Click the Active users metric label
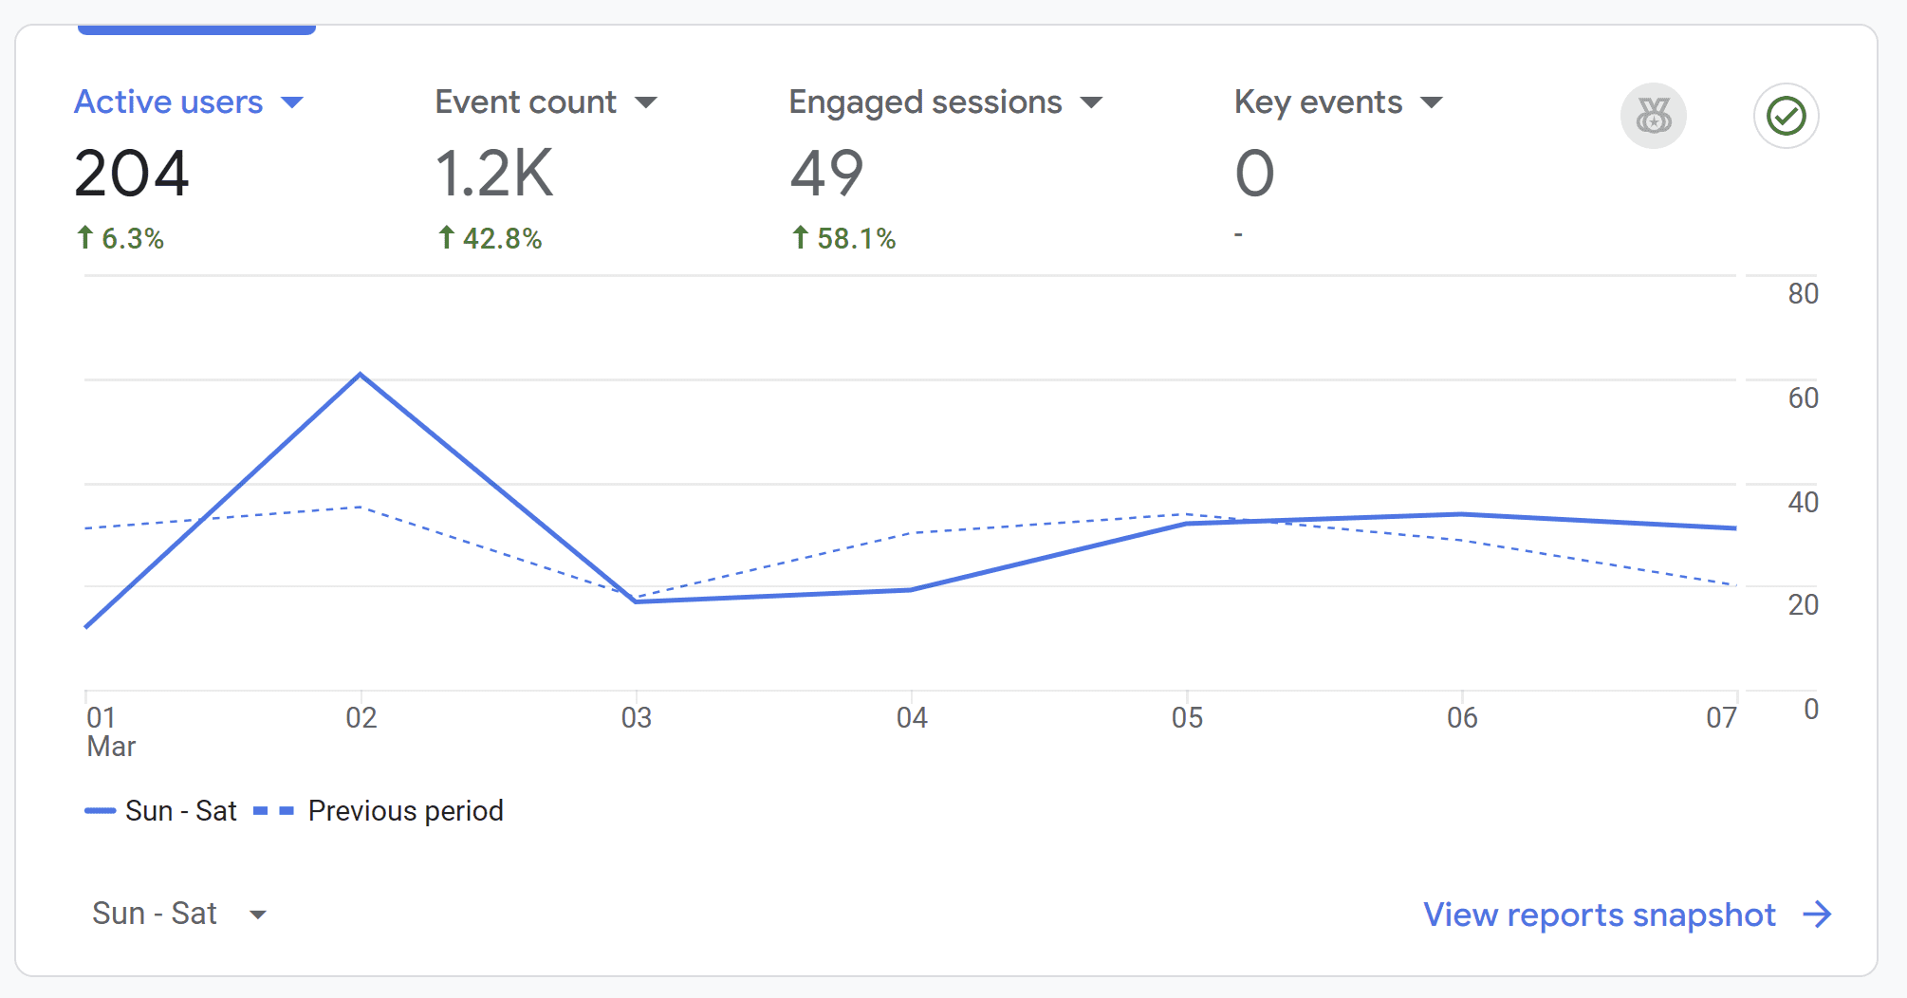(x=168, y=102)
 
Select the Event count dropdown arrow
(x=646, y=102)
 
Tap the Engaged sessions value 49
(x=826, y=174)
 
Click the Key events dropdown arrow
(x=1432, y=102)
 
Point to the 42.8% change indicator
(x=490, y=238)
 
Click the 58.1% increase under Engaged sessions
(x=844, y=238)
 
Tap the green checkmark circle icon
(x=1786, y=117)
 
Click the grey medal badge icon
(x=1653, y=117)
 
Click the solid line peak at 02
(x=361, y=375)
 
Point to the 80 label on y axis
(x=1803, y=294)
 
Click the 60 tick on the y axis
(x=1803, y=398)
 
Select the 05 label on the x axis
(x=1187, y=718)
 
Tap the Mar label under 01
(x=111, y=747)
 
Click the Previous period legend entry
(x=405, y=811)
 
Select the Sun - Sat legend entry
(x=180, y=811)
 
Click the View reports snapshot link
(x=1600, y=915)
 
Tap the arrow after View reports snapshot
(x=1817, y=915)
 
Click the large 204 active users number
(x=132, y=174)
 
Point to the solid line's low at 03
(x=636, y=601)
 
